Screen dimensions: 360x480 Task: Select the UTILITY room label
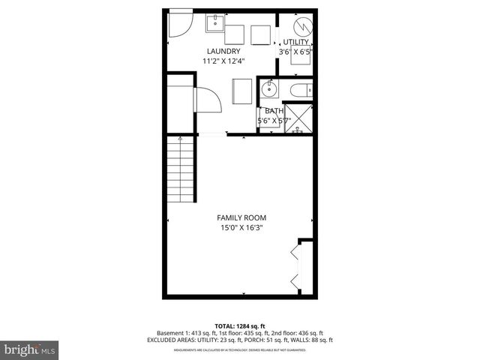coord(295,42)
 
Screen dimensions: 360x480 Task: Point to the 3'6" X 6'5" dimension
coord(295,52)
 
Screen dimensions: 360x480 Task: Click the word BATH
coord(274,110)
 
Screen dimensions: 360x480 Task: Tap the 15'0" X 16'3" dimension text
coord(239,227)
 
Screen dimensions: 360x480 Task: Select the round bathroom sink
coord(269,91)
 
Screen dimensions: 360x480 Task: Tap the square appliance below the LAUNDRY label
coord(244,91)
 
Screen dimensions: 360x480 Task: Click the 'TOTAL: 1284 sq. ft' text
coord(240,325)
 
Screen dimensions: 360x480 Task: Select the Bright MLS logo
coord(30,349)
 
